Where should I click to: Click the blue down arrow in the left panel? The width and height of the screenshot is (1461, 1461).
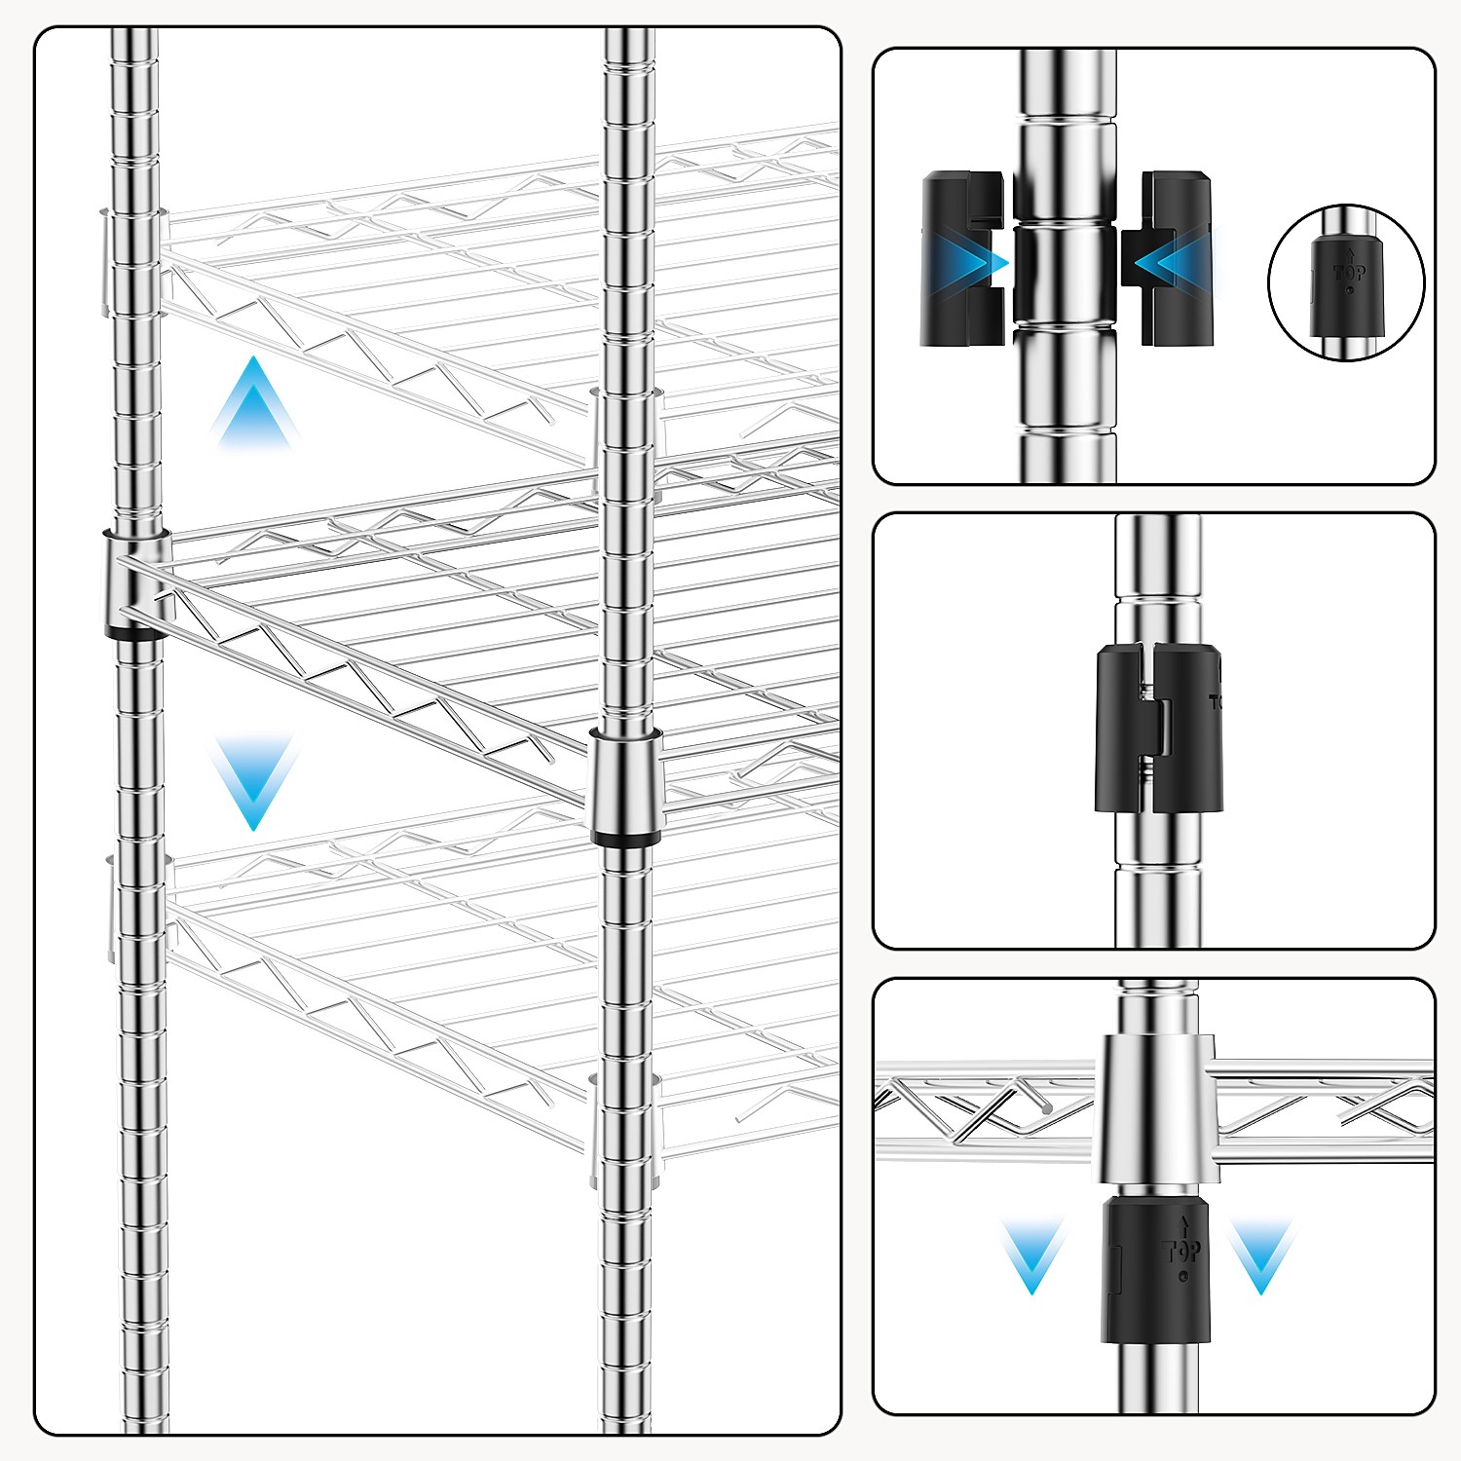tap(253, 779)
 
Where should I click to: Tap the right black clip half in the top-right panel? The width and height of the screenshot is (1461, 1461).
tap(1177, 259)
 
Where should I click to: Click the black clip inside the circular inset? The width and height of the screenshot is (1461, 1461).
tap(1348, 288)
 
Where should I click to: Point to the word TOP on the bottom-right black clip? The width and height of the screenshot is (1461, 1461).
tap(1181, 1251)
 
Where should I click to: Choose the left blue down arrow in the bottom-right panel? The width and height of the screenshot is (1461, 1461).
tap(1031, 1256)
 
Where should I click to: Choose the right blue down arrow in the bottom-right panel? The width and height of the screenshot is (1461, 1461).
tap(1261, 1256)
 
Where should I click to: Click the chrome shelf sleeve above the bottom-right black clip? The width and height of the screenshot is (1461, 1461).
tap(1156, 1108)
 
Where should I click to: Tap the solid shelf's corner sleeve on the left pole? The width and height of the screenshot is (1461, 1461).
tap(136, 580)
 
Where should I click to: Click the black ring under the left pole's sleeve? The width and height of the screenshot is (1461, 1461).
tap(136, 633)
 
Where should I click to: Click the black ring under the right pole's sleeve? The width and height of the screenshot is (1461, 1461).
tap(626, 839)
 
